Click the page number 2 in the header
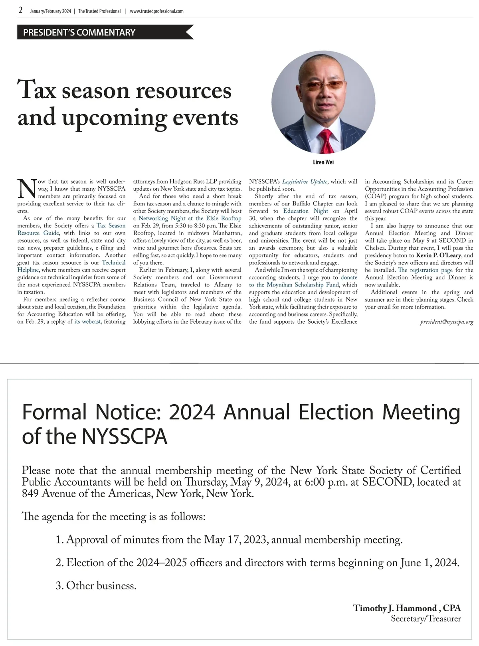click(x=20, y=11)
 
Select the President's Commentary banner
click(x=79, y=32)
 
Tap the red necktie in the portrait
click(x=327, y=142)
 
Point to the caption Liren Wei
click(x=323, y=162)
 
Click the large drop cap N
click(x=27, y=189)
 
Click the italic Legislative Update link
click(x=305, y=182)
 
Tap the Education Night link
click(x=305, y=211)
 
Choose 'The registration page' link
click(x=425, y=270)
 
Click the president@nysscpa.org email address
click(x=446, y=322)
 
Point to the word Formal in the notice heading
click(x=54, y=412)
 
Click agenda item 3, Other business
click(x=96, y=586)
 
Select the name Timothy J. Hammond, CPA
click(x=407, y=608)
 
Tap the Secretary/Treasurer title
click(x=426, y=619)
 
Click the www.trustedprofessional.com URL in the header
click(x=156, y=11)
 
